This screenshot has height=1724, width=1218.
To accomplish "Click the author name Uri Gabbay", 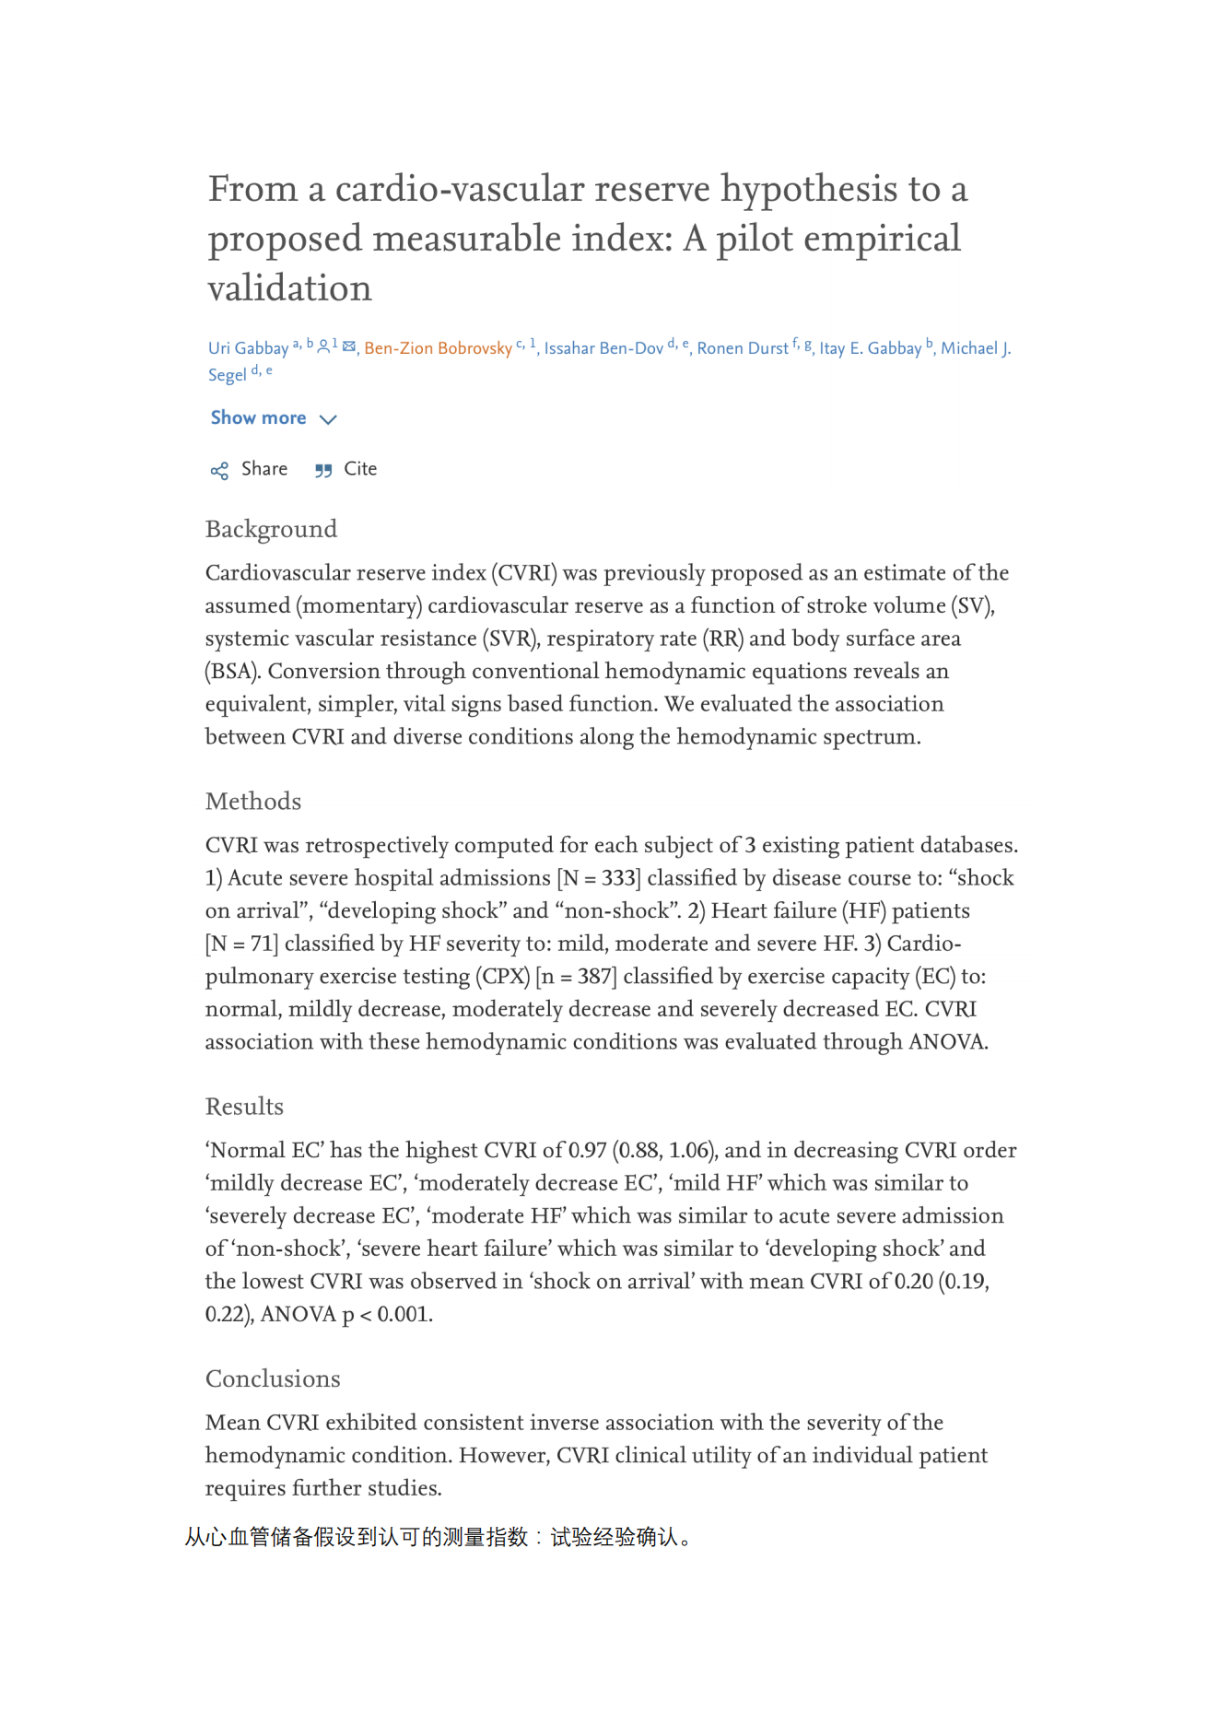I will click(x=248, y=348).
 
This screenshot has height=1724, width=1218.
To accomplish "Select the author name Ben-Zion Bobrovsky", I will click(x=438, y=348).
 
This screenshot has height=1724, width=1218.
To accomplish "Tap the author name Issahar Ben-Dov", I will click(x=603, y=348).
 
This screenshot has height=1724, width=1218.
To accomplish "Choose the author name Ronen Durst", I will click(x=742, y=348).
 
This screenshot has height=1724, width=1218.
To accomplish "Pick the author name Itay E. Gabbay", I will click(x=870, y=348).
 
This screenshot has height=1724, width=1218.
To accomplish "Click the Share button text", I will click(x=264, y=469).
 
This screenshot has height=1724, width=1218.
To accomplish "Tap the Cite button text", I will click(x=360, y=469).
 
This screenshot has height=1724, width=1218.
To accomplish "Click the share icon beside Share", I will click(x=219, y=471).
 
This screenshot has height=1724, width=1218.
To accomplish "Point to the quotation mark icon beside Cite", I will click(x=322, y=471).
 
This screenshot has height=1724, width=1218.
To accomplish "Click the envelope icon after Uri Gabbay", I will click(x=349, y=346).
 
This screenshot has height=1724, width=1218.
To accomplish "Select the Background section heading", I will click(x=271, y=529).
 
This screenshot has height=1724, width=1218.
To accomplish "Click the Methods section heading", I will click(x=253, y=802).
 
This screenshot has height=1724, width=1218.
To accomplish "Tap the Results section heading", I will click(x=244, y=1107).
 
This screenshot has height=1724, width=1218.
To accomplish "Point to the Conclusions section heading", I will click(x=273, y=1379).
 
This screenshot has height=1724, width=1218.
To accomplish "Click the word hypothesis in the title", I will click(x=809, y=190).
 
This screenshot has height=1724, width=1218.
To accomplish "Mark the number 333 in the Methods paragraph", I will click(x=620, y=878).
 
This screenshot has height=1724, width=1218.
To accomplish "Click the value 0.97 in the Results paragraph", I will click(x=588, y=1151).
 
